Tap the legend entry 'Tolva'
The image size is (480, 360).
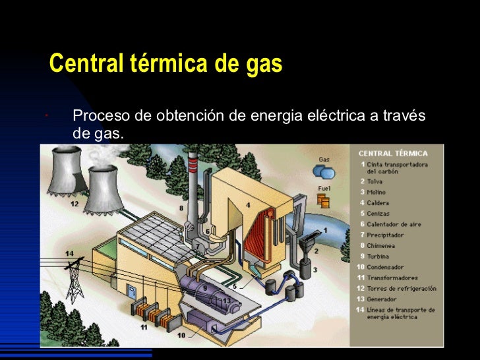point(375,181)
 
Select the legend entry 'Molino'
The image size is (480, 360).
point(376,192)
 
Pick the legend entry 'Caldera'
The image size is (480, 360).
point(378,203)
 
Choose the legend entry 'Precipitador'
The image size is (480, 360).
point(386,235)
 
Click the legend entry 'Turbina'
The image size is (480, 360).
point(378,256)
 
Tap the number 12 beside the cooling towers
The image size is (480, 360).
point(75,204)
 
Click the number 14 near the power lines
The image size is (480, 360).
point(69,254)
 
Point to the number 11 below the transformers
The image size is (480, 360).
point(144,326)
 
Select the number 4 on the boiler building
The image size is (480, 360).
point(248,205)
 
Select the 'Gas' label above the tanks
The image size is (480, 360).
point(324,159)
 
